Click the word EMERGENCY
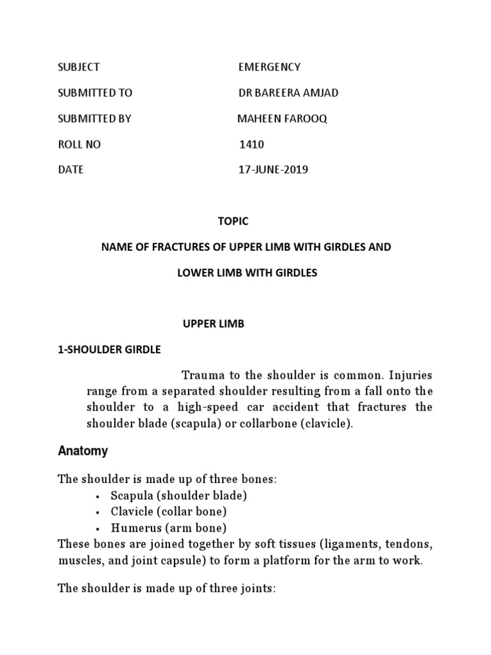pos(269,67)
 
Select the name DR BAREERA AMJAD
pos(288,93)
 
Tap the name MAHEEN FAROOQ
pos(282,118)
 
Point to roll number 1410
pos(251,145)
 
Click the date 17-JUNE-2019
pos(273,170)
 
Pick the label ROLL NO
pos(79,145)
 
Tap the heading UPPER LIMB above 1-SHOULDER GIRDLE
pos(214,324)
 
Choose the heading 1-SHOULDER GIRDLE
pos(109,350)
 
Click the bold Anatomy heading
pos(83,451)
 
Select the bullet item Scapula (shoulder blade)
pos(178,495)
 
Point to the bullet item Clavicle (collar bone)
pos(169,512)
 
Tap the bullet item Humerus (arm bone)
pos(169,528)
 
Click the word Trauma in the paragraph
pos(202,375)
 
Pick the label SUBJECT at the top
pos(79,67)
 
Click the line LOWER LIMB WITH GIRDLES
pos(246,272)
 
